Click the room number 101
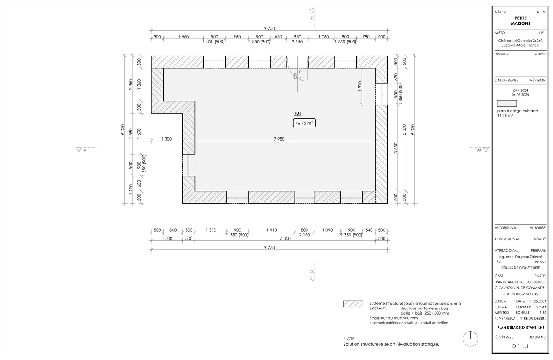(x=297, y=114)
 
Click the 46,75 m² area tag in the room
(x=304, y=123)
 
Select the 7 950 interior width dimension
(x=279, y=139)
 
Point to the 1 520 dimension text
(x=359, y=86)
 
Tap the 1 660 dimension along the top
(x=183, y=37)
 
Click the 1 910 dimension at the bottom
(x=272, y=230)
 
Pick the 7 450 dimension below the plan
(x=285, y=238)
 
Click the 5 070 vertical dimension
(x=404, y=129)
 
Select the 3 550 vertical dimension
(x=396, y=148)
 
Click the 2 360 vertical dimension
(x=130, y=84)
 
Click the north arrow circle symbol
(x=470, y=339)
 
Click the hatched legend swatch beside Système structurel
(x=353, y=304)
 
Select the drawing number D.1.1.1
(x=520, y=347)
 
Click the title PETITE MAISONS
(x=521, y=21)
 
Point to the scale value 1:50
(x=543, y=313)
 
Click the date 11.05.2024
(x=538, y=301)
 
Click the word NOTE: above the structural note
(x=349, y=339)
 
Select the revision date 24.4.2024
(x=521, y=90)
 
